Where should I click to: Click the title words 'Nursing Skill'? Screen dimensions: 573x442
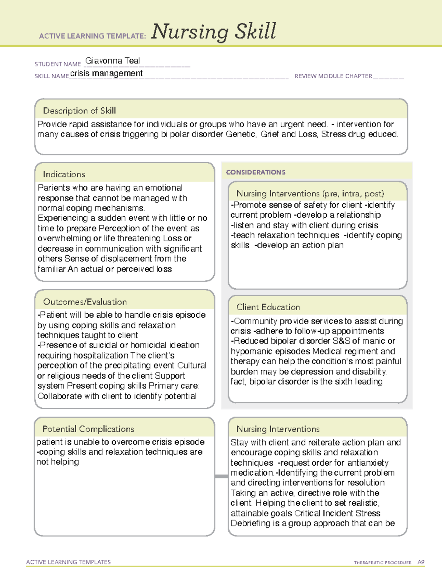coord(213,32)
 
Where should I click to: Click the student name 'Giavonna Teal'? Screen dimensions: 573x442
coord(112,61)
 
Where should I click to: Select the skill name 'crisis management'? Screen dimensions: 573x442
coord(106,73)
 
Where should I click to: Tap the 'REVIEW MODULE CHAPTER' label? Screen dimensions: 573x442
coord(333,76)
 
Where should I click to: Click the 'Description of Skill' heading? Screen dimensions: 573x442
coord(79,111)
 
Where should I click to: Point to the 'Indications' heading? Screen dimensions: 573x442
coord(64,174)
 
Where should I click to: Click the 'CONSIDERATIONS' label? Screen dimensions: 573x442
coord(256,172)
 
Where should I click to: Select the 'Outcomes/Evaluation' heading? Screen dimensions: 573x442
coord(85,302)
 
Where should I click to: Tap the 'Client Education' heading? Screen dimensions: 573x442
coord(268,307)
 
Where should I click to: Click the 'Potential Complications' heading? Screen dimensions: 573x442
coord(88,429)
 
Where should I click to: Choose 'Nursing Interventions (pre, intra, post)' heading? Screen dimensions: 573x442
coord(310,194)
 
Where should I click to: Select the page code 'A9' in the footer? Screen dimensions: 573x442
coord(421,562)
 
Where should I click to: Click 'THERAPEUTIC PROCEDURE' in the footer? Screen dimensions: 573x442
coord(382,563)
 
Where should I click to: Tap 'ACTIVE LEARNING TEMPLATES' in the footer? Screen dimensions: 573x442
coord(69,562)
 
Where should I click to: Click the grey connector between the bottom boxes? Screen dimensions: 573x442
coord(221,476)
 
